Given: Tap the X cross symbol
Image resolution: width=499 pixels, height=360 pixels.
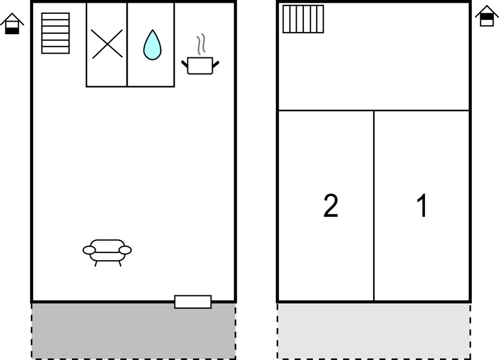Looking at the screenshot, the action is [x=107, y=44].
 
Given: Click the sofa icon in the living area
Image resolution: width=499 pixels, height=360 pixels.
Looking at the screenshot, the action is [x=107, y=252].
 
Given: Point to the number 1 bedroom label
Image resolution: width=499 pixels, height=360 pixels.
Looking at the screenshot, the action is [x=422, y=205].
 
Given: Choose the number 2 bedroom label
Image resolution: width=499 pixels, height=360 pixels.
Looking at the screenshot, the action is [x=330, y=205].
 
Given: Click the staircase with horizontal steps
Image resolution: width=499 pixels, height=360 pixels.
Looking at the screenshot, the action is [x=55, y=33].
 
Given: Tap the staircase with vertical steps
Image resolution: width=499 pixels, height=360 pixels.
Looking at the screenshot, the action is [x=303, y=19].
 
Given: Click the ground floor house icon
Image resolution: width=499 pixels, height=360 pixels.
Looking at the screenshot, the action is [x=12, y=24].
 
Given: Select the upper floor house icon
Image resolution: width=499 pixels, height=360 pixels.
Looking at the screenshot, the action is [x=487, y=16].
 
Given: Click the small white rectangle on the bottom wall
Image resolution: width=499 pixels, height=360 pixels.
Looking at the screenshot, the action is [x=193, y=302].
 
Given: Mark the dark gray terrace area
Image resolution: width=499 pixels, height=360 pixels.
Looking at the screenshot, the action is [x=134, y=331].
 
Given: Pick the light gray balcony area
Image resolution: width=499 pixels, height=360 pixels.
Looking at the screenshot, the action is [x=374, y=331].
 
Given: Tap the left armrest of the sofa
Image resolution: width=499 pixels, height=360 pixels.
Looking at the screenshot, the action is [x=89, y=250].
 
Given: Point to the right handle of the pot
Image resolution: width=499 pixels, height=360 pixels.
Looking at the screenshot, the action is [x=216, y=65].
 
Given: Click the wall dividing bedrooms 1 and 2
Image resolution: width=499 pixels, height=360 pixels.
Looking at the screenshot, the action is [x=374, y=206].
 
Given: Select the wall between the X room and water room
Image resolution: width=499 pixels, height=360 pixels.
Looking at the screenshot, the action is [x=127, y=45].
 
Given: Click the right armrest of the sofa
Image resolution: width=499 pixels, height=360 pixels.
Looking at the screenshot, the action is [x=125, y=250].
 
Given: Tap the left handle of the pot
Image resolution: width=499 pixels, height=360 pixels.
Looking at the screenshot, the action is [x=185, y=64].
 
